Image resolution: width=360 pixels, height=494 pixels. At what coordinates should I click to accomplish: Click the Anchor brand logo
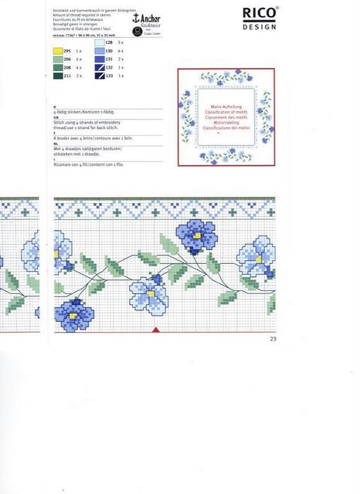pos(147,21)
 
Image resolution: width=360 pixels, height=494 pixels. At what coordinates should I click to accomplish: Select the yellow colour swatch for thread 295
pos(57,50)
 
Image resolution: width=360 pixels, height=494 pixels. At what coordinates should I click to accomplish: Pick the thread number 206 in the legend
pos(67,59)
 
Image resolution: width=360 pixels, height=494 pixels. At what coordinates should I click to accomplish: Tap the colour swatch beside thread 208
pos(57,67)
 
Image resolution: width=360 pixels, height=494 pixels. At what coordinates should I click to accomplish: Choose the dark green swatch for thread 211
pos(57,76)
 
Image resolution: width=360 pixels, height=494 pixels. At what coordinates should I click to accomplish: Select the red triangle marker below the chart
pos(156,330)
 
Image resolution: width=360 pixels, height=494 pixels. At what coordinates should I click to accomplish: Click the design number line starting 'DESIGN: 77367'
pos(84,35)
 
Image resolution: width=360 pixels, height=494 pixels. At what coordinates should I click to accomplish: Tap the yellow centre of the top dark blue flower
pos(196,235)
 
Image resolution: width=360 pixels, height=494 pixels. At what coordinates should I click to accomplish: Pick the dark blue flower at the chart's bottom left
pos(74,313)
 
